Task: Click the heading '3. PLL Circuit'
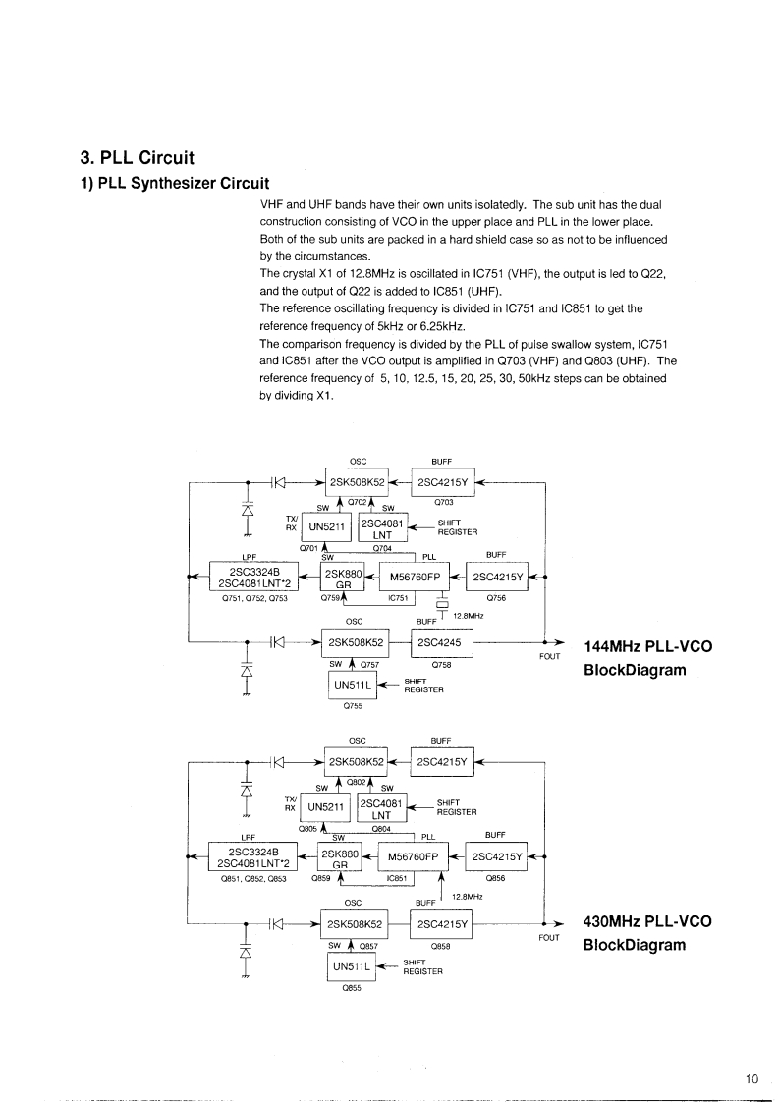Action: [137, 157]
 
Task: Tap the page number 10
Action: [752, 1078]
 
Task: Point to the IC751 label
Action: [398, 597]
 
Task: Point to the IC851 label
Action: [398, 877]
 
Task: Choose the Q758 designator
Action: [441, 664]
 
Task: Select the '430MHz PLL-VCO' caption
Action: [647, 922]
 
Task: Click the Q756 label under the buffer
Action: [496, 597]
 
